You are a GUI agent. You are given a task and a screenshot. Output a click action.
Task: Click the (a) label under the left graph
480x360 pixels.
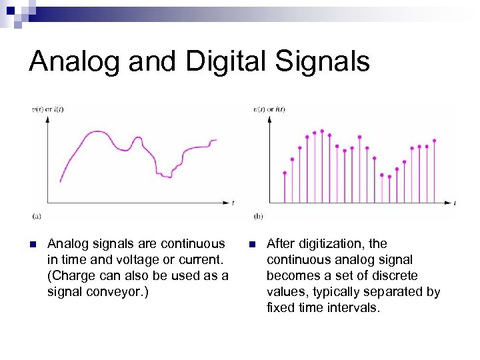pos(37,215)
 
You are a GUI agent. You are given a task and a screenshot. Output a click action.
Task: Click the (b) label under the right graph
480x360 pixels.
pos(259,215)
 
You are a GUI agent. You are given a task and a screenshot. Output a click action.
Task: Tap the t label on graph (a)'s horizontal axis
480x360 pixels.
pos(233,201)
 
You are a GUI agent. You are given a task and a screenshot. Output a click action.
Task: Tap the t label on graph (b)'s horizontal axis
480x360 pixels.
pos(454,201)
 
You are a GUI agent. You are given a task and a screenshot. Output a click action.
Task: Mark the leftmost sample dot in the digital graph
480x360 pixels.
pos(285,173)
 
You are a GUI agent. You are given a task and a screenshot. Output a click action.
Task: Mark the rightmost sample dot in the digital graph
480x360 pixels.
pos(434,141)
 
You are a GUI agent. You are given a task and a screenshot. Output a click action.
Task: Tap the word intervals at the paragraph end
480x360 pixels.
pos(354,308)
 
